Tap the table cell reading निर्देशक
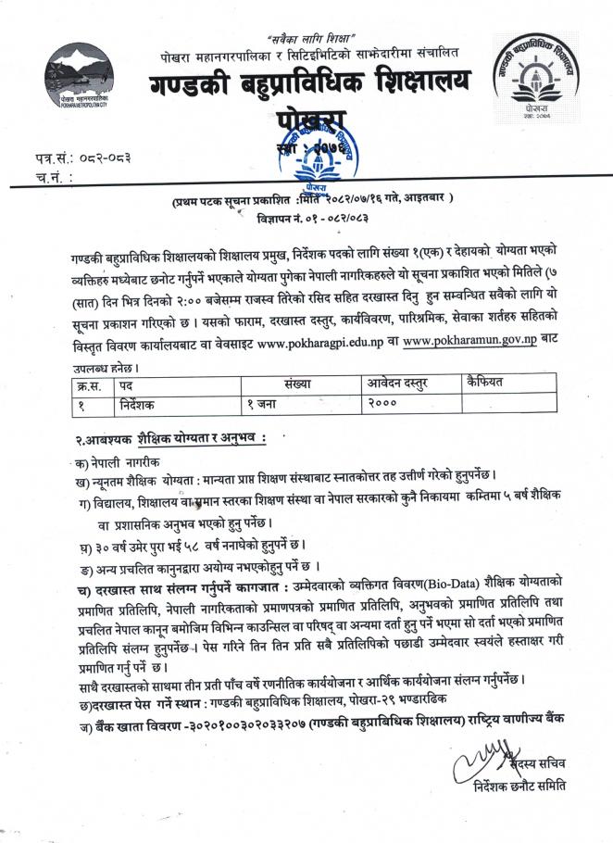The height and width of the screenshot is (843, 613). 140,404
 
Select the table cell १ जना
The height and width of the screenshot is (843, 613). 266,404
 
